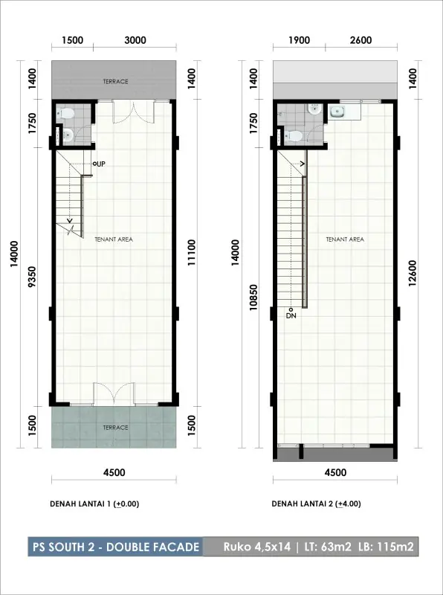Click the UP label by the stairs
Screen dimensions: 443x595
(101, 164)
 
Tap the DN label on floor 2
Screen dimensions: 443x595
(291, 315)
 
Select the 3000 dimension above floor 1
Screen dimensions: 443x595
(135, 40)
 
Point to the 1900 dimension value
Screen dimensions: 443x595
(300, 40)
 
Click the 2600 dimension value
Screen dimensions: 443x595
(361, 40)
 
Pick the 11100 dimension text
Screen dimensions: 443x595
(192, 252)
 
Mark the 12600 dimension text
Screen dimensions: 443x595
(413, 273)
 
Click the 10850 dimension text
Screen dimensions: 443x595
(253, 297)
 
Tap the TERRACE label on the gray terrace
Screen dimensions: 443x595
(116, 82)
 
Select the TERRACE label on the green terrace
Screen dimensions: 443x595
(116, 428)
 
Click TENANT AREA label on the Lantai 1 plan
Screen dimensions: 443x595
(114, 239)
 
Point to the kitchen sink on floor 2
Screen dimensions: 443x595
(337, 112)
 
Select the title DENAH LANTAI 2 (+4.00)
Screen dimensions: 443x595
(317, 504)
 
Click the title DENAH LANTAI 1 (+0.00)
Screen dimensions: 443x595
(94, 504)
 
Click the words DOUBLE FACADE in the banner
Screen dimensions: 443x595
(153, 547)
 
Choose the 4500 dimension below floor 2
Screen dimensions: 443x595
(336, 472)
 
